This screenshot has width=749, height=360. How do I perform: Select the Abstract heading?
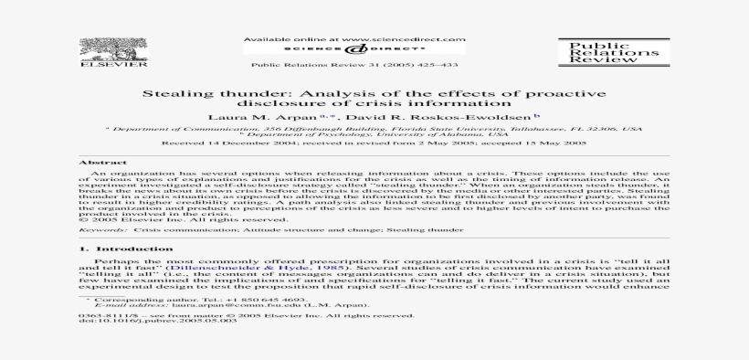(x=90, y=163)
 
